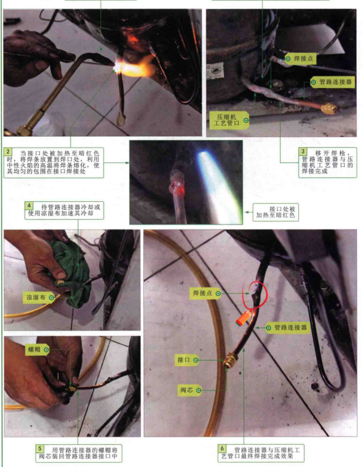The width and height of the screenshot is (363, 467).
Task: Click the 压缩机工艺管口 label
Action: (229, 120)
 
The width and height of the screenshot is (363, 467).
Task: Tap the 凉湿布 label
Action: (39, 297)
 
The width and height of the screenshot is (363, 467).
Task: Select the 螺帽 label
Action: (38, 349)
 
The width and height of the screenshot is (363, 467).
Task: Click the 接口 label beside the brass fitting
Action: (187, 360)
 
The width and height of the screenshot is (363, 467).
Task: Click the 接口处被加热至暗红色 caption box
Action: (276, 212)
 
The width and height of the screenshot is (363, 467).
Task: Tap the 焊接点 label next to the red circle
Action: (205, 293)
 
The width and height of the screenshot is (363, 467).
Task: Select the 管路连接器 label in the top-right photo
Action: (332, 82)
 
